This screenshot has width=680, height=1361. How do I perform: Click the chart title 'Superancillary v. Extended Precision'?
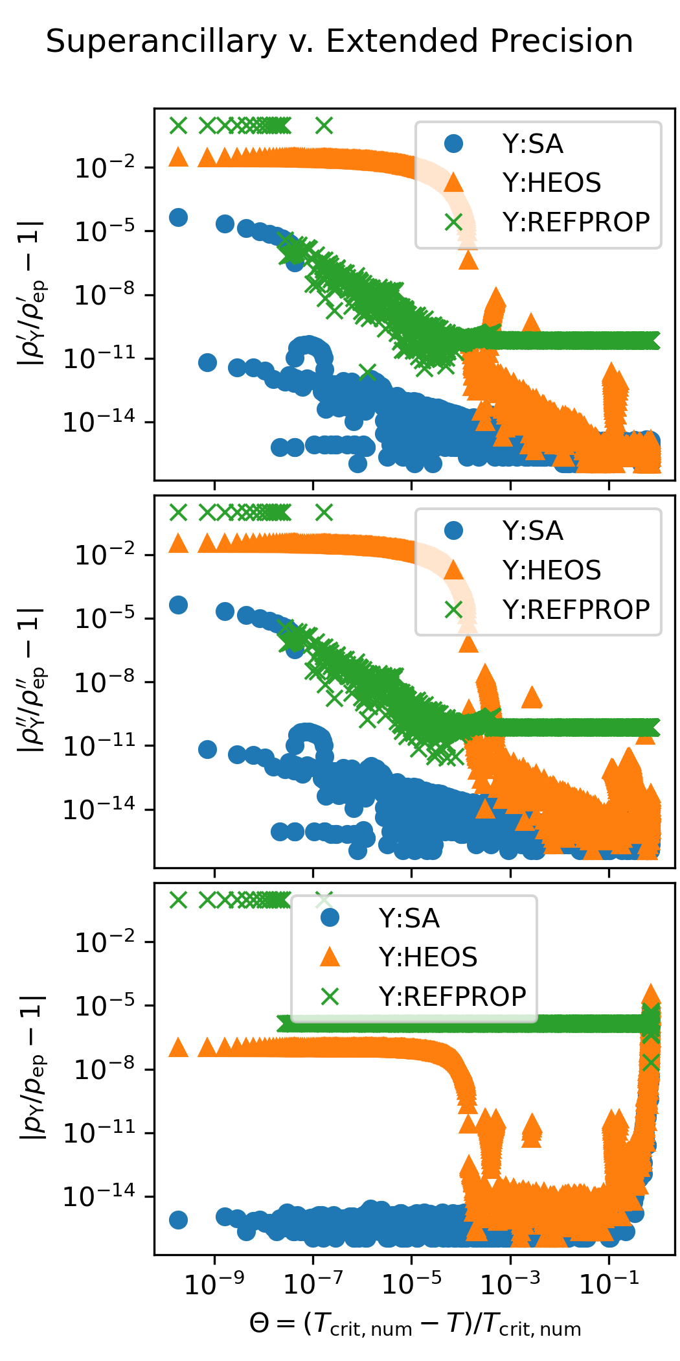(x=339, y=41)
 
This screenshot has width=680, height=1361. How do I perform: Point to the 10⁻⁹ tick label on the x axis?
(x=214, y=1283)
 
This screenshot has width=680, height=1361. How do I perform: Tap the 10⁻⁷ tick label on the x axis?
(x=313, y=1283)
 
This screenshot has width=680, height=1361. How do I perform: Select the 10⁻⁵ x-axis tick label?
(x=411, y=1283)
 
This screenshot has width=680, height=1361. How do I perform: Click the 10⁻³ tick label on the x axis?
(x=510, y=1283)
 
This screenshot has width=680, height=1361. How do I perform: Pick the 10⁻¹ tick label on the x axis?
(x=609, y=1283)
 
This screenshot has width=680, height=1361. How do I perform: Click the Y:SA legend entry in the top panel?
(x=532, y=144)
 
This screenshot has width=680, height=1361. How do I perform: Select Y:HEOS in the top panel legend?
(x=551, y=183)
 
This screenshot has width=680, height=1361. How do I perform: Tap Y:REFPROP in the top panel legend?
(x=576, y=222)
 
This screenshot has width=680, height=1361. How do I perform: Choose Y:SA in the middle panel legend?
(x=532, y=531)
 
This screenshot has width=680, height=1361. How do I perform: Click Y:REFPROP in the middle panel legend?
(x=576, y=610)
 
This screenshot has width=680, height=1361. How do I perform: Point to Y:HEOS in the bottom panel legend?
(x=428, y=957)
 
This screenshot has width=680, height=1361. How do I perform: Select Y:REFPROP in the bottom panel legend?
(x=452, y=997)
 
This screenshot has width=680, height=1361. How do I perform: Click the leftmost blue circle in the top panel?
(x=178, y=217)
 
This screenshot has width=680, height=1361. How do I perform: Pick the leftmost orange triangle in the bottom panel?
(x=178, y=1047)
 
